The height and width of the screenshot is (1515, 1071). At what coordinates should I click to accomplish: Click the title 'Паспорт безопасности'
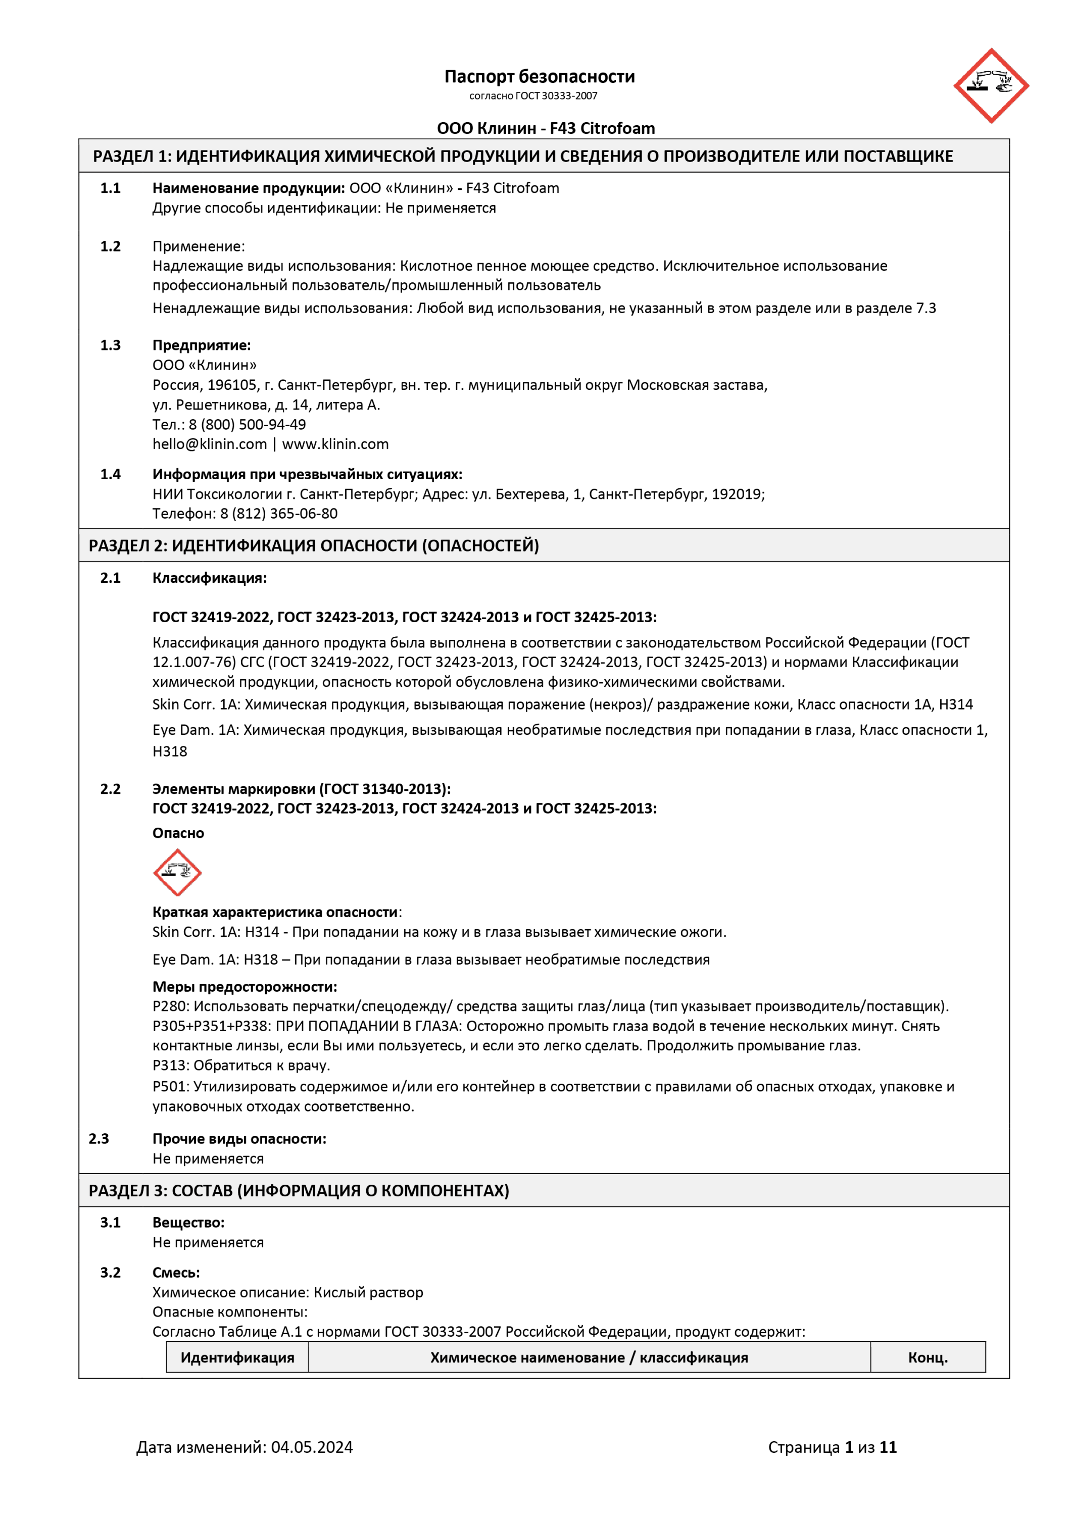point(539,77)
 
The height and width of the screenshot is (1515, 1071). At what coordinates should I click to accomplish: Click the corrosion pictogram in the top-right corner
point(991,86)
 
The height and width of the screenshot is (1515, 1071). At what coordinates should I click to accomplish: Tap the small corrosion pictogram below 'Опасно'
point(177,872)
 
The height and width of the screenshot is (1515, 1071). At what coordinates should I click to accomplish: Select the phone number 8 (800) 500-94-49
point(248,424)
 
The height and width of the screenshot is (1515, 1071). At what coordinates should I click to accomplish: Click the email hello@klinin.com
point(209,444)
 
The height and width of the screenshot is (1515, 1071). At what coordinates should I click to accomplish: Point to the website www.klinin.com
point(335,444)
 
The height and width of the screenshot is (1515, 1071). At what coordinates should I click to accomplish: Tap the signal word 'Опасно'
point(178,833)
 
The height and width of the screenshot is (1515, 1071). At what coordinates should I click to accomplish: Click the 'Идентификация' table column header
point(237,1357)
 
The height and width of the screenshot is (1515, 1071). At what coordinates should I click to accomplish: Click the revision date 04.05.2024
point(312,1447)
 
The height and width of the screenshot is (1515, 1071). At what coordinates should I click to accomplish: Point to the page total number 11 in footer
point(888,1447)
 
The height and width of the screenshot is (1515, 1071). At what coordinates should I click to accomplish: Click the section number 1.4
point(110,474)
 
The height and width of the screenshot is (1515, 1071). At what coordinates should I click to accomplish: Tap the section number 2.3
point(99,1138)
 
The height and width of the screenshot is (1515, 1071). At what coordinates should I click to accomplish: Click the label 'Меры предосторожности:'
point(244,986)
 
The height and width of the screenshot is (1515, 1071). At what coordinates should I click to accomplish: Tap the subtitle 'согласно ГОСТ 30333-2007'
point(533,95)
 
